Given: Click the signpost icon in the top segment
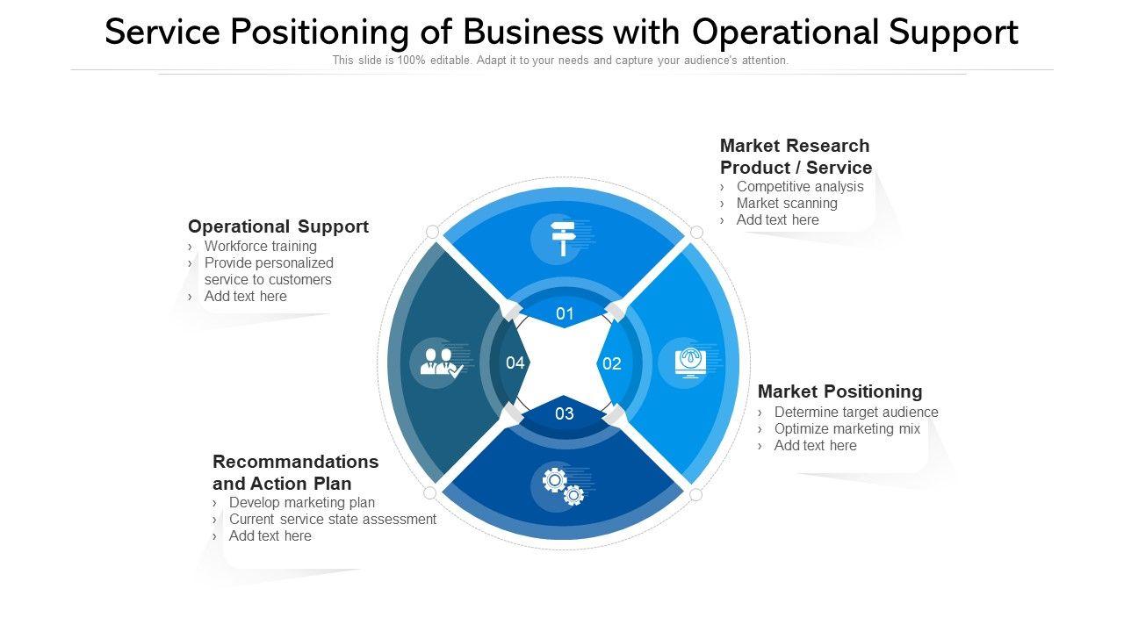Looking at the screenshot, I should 562,239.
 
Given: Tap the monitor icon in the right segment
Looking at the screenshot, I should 690,363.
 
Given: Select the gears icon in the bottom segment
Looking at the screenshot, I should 563,485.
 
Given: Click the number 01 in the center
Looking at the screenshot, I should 565,313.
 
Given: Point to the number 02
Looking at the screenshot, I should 611,363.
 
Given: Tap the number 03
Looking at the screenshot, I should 565,413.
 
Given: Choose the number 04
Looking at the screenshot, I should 515,363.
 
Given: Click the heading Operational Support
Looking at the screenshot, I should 278,226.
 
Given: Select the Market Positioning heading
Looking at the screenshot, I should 839,391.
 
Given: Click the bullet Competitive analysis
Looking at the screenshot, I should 800,186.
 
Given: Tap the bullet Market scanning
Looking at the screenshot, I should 787,203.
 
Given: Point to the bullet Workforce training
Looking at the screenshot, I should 261,246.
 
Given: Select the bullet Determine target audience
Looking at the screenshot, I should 856,412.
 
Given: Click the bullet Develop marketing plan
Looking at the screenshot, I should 302,502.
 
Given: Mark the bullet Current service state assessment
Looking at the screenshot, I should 333,519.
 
